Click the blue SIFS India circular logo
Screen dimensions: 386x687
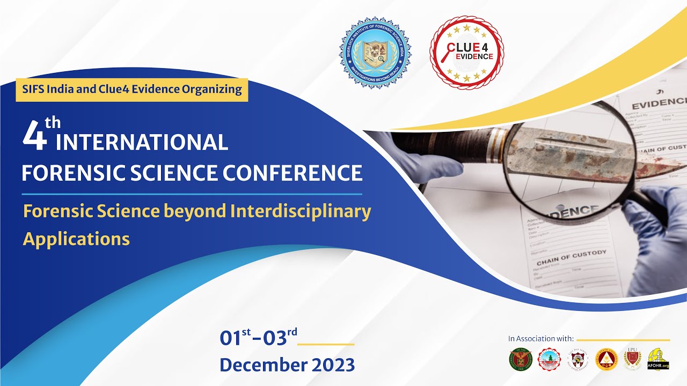[375, 52]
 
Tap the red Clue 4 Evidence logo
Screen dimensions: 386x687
[466, 52]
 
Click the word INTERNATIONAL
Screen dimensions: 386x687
[142, 143]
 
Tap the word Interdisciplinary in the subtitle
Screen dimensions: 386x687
[301, 211]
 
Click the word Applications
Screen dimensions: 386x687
[76, 239]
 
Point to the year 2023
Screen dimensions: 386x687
[328, 365]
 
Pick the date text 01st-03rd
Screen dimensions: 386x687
[258, 338]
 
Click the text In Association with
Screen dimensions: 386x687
[541, 339]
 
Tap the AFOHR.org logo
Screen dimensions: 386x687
[658, 359]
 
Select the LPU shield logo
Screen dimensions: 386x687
[632, 358]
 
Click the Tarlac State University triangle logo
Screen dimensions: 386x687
[606, 359]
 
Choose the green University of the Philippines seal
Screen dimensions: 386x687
[520, 359]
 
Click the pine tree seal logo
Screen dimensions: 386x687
[549, 359]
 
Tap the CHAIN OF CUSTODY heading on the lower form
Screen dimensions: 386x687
[571, 257]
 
